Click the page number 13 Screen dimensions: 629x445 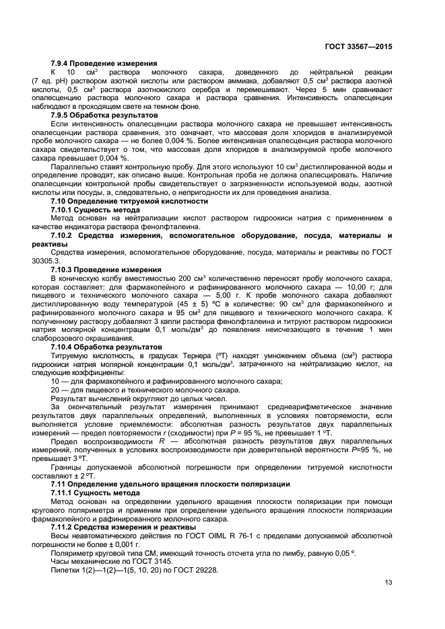(x=388, y=583)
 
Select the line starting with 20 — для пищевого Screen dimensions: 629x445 (x=145, y=390)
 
